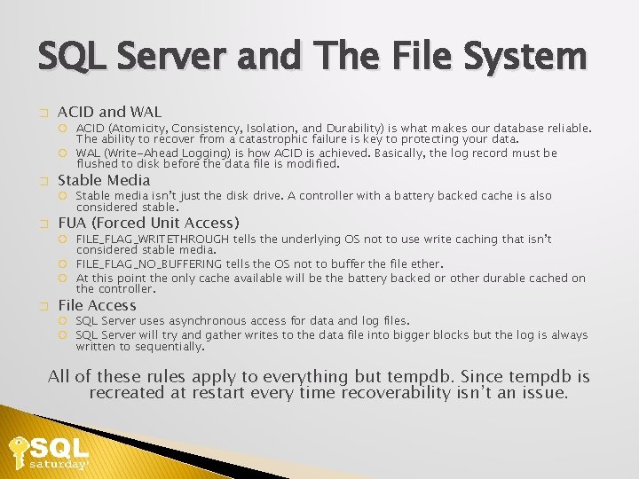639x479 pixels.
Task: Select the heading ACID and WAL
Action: [109, 112]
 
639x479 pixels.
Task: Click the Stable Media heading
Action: [104, 180]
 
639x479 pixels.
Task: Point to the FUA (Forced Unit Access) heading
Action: [148, 223]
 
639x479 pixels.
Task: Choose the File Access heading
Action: [97, 305]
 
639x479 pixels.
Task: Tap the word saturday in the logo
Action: [59, 464]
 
